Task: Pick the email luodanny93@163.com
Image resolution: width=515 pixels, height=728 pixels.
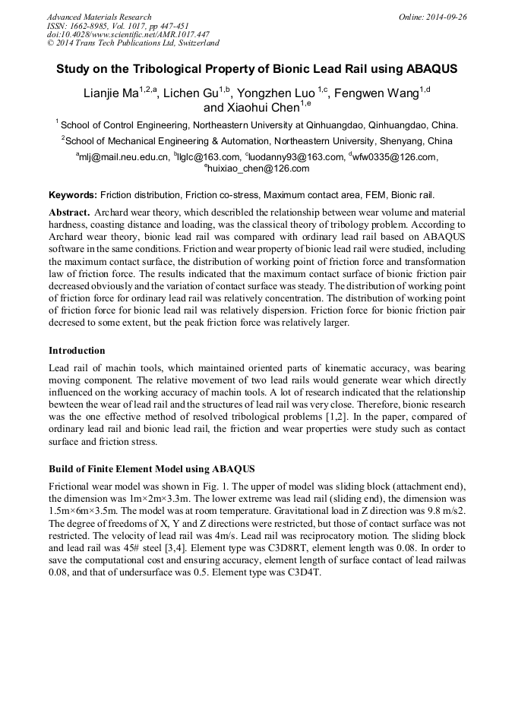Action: (297, 157)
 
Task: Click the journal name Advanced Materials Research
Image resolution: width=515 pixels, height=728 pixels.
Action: (99, 17)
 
